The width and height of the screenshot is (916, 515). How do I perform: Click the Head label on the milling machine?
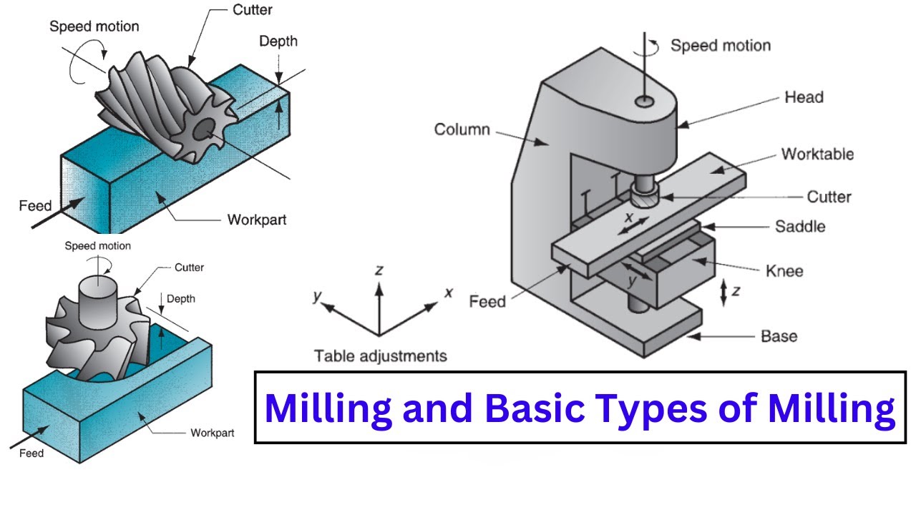pyautogui.click(x=804, y=97)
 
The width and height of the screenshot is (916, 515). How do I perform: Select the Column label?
pyautogui.click(x=462, y=129)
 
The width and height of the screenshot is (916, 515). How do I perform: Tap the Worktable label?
pyautogui.click(x=817, y=154)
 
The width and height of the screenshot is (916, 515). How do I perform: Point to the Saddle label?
pyautogui.click(x=800, y=227)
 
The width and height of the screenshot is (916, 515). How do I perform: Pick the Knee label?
pyautogui.click(x=784, y=271)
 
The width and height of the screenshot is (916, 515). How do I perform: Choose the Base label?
pyautogui.click(x=779, y=336)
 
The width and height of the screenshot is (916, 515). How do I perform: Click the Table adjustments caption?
pyautogui.click(x=380, y=355)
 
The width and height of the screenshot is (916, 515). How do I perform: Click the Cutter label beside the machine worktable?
pyautogui.click(x=829, y=197)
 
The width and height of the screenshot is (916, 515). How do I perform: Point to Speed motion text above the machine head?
pyautogui.click(x=720, y=46)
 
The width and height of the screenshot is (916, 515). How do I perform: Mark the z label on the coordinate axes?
pyautogui.click(x=379, y=270)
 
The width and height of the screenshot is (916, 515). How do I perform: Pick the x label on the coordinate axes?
pyautogui.click(x=449, y=293)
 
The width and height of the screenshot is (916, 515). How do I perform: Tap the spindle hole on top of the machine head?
pyautogui.click(x=647, y=102)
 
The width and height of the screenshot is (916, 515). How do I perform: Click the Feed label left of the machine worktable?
pyautogui.click(x=487, y=301)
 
